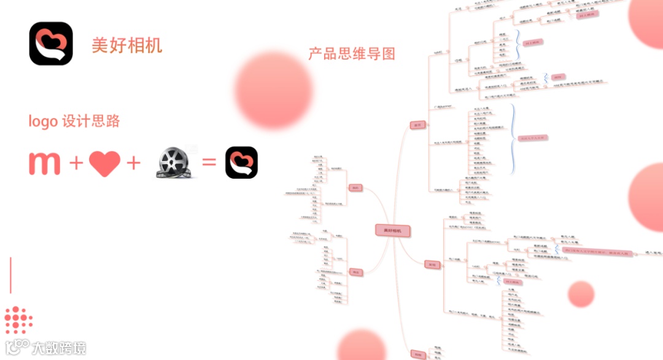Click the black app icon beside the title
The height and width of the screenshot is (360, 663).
(51, 44)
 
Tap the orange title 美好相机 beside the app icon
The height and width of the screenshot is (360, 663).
(127, 45)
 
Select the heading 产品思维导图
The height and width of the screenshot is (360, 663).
(352, 53)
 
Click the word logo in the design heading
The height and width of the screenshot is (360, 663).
(43, 121)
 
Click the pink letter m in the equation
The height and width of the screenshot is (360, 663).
(44, 163)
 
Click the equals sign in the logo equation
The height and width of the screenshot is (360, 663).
(209, 163)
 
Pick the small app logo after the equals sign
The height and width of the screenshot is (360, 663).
(241, 163)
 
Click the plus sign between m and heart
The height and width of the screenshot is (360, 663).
(76, 163)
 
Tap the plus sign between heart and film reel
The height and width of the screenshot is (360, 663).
(133, 163)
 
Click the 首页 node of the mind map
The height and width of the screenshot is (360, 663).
(417, 125)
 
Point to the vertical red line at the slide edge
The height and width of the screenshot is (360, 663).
(10, 275)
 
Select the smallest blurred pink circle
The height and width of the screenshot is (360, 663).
(581, 294)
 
